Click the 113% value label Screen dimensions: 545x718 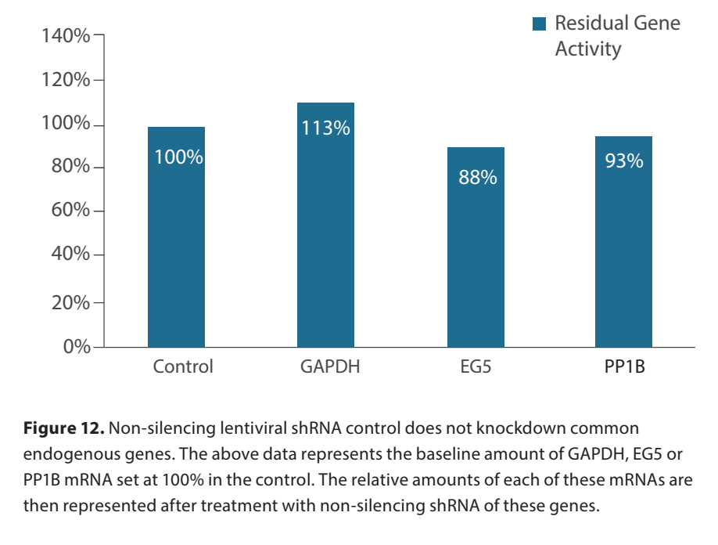pyautogui.click(x=326, y=128)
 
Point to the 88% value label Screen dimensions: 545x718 pyautogui.click(x=477, y=178)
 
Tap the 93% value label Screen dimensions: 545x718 pyautogui.click(x=624, y=161)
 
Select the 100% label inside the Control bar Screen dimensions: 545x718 pyautogui.click(x=178, y=157)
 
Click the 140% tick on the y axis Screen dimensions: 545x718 pyautogui.click(x=65, y=36)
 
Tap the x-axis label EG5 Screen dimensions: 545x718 pyautogui.click(x=476, y=366)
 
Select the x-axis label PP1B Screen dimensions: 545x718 pyautogui.click(x=623, y=366)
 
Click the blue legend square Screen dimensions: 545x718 pyautogui.click(x=539, y=23)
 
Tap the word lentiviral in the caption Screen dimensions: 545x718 pyautogui.click(x=246, y=428)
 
